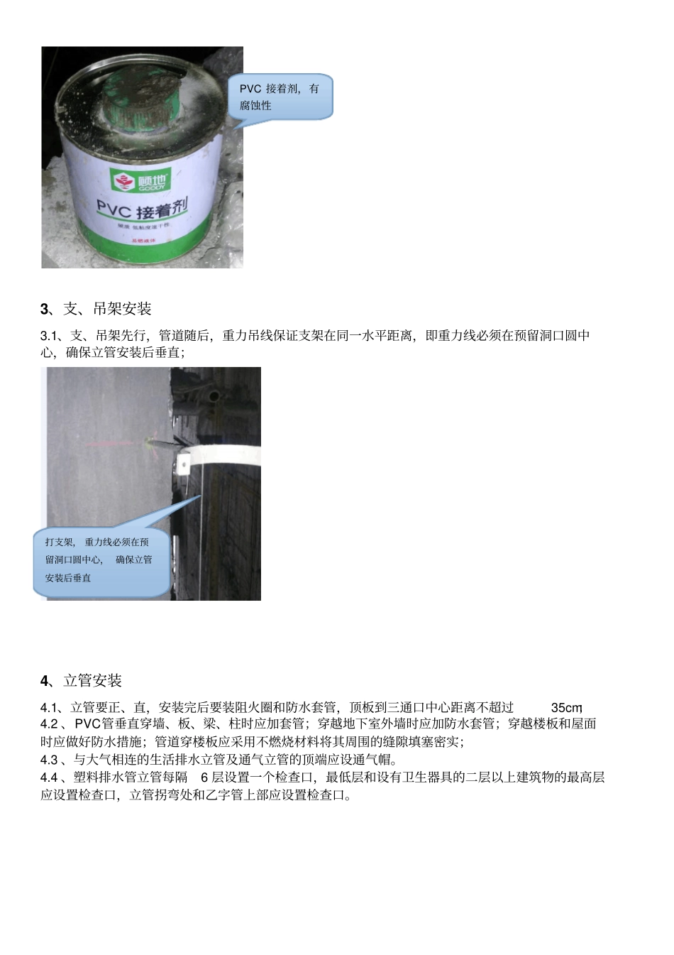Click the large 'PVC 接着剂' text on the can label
pos(143,209)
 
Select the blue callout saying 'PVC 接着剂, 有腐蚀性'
pos(280,97)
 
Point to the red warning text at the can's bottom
pos(143,241)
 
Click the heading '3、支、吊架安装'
pos(96,309)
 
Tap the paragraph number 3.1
pos(50,336)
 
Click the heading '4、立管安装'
pos(81,681)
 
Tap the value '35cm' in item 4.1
pos(566,708)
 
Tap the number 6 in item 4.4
pos(204,777)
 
